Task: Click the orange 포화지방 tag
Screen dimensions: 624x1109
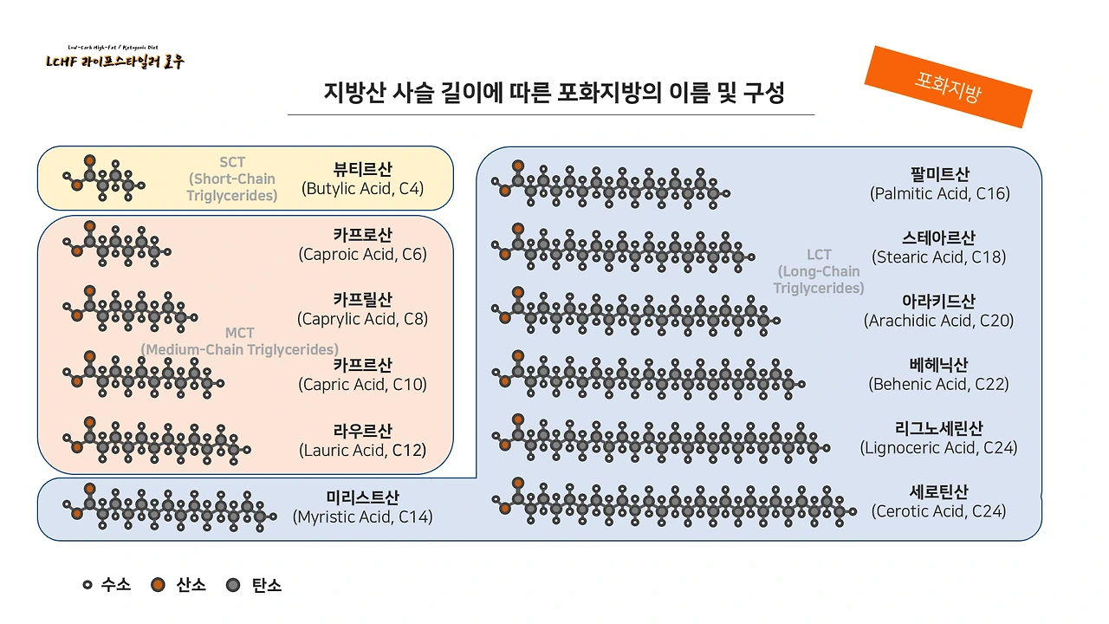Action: (x=948, y=87)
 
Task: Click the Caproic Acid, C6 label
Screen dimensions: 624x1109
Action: (x=362, y=254)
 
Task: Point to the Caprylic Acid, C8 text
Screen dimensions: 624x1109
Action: (x=362, y=319)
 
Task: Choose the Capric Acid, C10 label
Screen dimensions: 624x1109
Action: (x=362, y=384)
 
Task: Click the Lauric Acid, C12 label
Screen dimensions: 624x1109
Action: (x=362, y=450)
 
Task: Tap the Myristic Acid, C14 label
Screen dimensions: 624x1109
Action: (x=362, y=517)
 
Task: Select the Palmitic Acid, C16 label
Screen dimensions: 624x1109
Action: (x=939, y=193)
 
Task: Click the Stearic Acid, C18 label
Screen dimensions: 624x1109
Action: (x=939, y=257)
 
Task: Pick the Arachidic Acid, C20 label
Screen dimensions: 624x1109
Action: (x=938, y=321)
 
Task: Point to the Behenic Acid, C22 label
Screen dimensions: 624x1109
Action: (x=938, y=384)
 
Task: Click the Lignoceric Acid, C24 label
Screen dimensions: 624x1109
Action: (x=938, y=448)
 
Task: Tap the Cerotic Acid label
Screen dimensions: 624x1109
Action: (x=938, y=511)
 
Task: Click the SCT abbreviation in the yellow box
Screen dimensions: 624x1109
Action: (x=232, y=163)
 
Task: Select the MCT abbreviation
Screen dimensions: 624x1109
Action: (x=240, y=334)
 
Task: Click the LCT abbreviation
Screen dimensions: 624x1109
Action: (x=819, y=255)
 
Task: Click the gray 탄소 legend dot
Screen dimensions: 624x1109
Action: (x=232, y=585)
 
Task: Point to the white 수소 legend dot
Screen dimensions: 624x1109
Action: (x=88, y=585)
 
